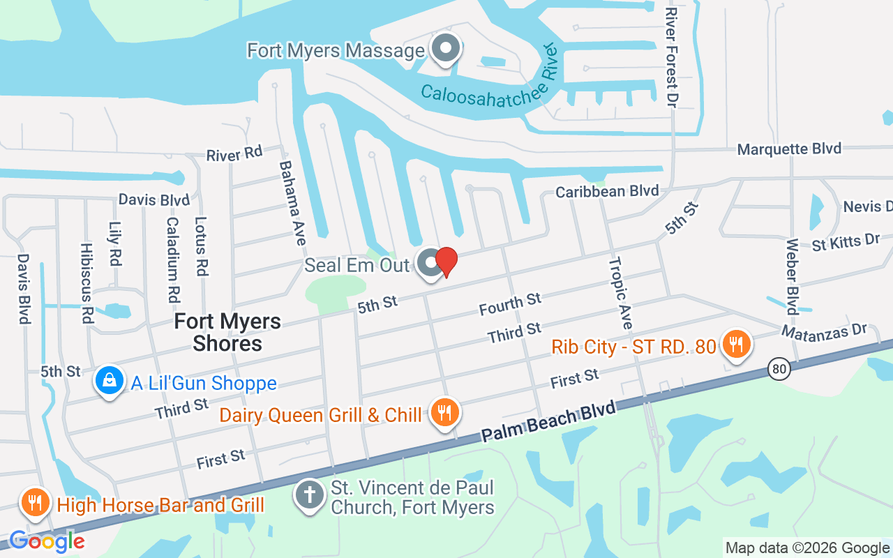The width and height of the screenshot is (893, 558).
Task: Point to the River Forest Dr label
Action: (x=671, y=57)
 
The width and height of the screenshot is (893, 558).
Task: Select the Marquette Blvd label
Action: (x=789, y=149)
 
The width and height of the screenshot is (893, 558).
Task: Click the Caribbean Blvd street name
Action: (x=607, y=190)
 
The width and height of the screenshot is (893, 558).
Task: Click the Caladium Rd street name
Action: (x=173, y=259)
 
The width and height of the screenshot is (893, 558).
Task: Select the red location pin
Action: (x=446, y=262)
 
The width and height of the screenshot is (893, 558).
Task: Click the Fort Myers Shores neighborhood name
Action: (x=227, y=332)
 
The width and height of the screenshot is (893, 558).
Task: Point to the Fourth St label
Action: (x=510, y=304)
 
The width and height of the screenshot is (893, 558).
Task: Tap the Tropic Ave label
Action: (x=620, y=293)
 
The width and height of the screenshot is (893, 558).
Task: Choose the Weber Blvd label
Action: (x=792, y=277)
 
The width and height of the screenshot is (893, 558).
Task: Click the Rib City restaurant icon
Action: (x=735, y=344)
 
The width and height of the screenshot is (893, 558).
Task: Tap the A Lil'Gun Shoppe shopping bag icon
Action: (x=110, y=381)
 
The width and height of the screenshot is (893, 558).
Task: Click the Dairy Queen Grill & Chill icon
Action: (x=444, y=412)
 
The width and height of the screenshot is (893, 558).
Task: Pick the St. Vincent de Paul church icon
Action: (x=308, y=495)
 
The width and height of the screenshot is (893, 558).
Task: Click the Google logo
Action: (x=47, y=541)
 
